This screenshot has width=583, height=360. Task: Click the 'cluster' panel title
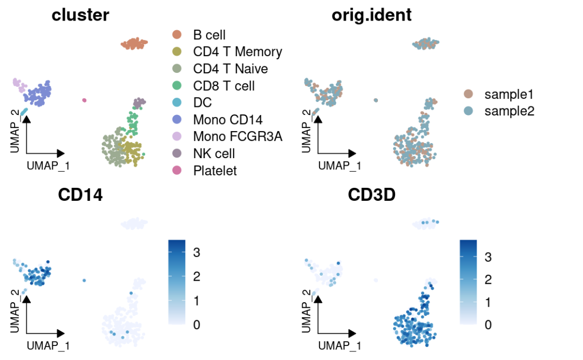point(80,15)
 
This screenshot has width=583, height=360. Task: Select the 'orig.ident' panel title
point(371,15)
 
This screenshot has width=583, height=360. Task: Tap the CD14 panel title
point(80,195)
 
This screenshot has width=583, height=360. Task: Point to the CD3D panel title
point(371,195)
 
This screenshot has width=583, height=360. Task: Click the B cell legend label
point(209,35)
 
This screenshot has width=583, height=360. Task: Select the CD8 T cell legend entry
point(224,86)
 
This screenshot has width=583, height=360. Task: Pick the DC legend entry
point(202,103)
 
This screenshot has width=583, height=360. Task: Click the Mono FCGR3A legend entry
point(238,137)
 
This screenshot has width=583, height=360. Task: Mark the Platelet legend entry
point(215,171)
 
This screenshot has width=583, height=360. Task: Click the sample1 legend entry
point(509,94)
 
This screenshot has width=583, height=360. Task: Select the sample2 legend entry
point(509,111)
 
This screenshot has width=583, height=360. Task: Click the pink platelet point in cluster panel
point(84,100)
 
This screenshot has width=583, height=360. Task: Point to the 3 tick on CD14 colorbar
point(196,252)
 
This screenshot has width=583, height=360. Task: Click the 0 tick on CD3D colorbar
point(488,325)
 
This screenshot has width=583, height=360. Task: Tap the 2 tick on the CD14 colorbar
point(196,276)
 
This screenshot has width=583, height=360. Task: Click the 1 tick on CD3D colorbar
point(488,302)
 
